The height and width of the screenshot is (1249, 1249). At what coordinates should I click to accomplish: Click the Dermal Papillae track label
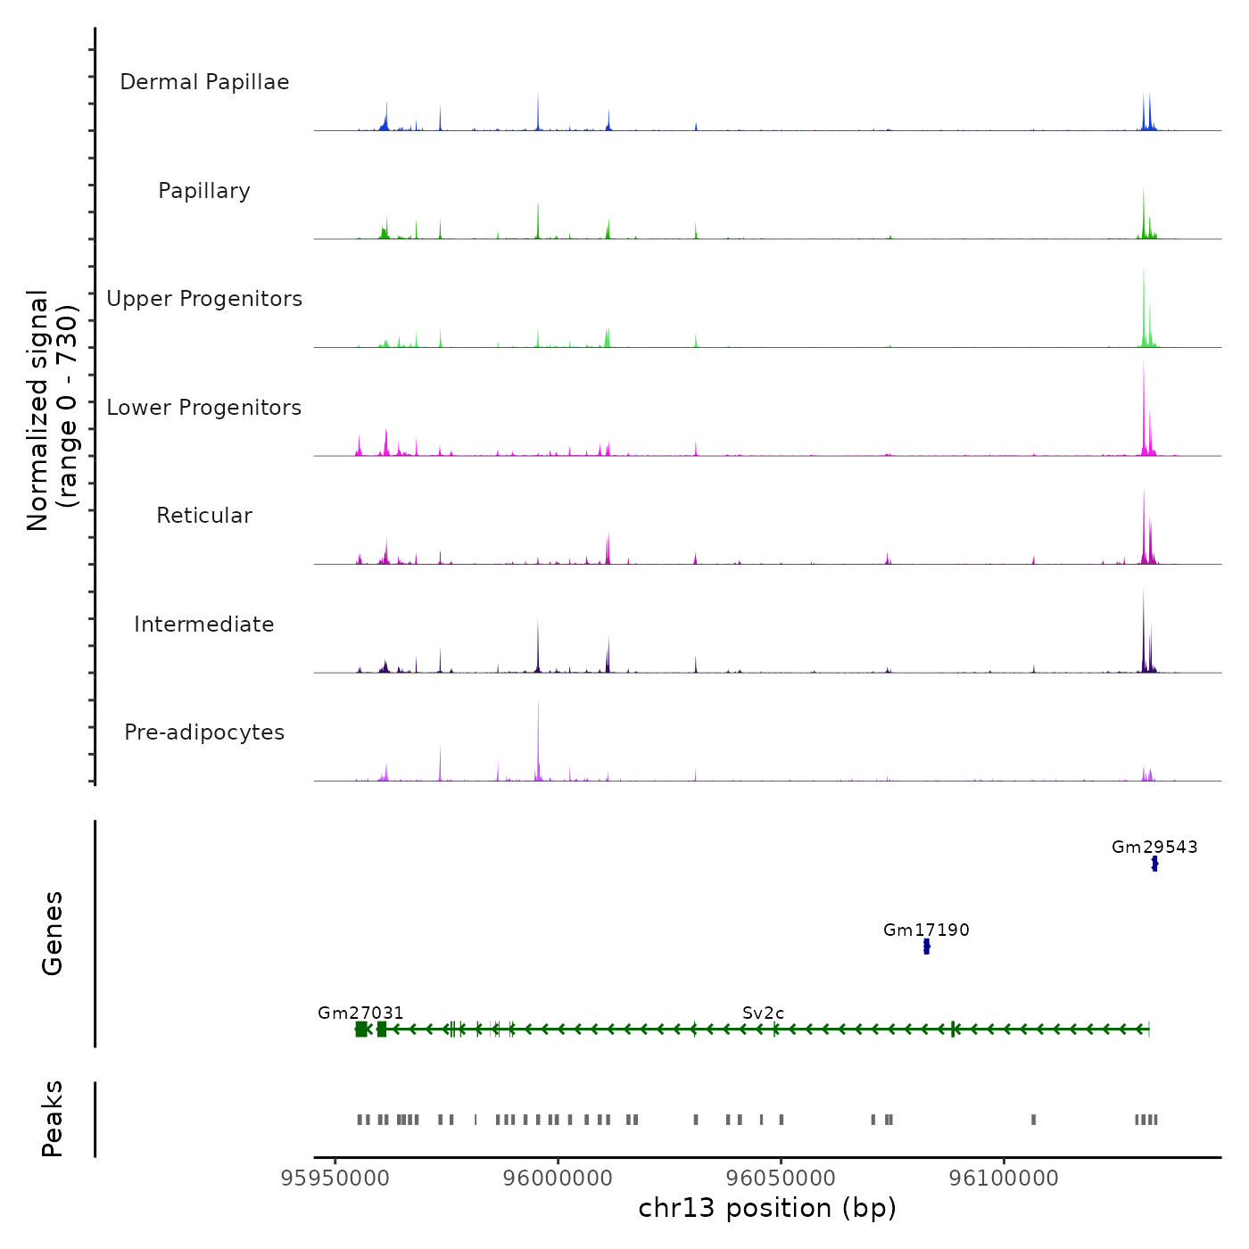[204, 82]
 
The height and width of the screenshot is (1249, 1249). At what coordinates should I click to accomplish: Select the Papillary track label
[204, 191]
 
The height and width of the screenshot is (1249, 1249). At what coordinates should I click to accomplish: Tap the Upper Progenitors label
[204, 299]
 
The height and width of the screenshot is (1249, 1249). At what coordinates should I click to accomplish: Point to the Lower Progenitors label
[204, 408]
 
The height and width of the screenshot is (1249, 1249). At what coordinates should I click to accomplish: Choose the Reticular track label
[204, 516]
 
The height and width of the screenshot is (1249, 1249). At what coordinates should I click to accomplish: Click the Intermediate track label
[204, 624]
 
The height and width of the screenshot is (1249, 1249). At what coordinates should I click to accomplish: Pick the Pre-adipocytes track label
[204, 732]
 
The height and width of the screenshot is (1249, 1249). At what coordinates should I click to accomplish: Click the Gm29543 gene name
[1154, 847]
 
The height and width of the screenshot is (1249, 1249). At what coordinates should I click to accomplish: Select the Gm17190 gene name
[926, 930]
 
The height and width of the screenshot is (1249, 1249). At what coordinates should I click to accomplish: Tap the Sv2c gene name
[763, 1013]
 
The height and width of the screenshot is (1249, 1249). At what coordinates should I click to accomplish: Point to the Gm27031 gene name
[360, 1013]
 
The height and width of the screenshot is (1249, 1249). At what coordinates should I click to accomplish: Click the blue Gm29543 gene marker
[1154, 864]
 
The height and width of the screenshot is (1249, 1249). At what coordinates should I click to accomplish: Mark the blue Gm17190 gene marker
[926, 947]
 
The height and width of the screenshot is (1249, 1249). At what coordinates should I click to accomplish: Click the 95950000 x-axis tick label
[335, 1178]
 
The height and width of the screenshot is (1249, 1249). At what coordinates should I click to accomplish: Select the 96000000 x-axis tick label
[558, 1178]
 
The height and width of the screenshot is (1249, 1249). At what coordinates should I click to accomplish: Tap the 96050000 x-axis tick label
[782, 1178]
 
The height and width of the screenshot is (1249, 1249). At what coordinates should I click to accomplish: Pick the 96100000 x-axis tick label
[1005, 1178]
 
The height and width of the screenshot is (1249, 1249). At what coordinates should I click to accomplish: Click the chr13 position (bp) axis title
[767, 1208]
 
